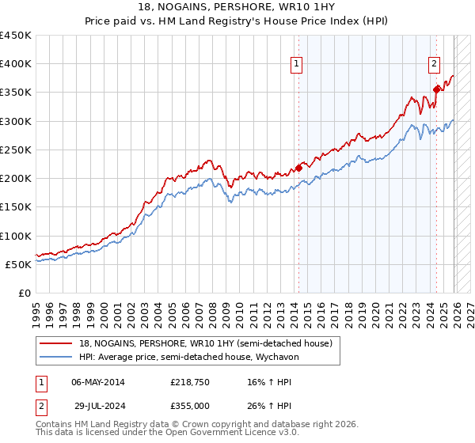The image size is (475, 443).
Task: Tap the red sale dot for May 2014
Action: coord(298,167)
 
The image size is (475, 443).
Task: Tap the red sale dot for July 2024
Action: coord(436,89)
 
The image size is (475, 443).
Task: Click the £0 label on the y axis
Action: coord(25,293)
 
